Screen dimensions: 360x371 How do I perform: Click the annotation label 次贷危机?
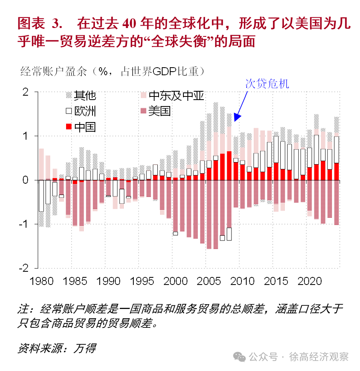[267, 83]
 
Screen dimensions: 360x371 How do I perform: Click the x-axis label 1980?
[42, 281]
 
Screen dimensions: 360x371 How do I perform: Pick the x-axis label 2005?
[209, 281]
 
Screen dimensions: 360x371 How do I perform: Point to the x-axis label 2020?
[310, 281]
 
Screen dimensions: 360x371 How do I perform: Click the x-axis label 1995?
[142, 281]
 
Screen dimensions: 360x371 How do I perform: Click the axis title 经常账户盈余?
[54, 71]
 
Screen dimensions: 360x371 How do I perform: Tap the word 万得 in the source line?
[84, 348]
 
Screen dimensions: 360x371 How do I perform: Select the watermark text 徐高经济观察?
[319, 357]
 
